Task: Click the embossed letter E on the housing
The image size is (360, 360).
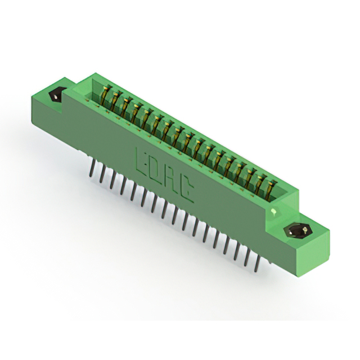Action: [x=142, y=160]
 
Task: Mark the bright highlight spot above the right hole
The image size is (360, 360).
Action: [x=274, y=211]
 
